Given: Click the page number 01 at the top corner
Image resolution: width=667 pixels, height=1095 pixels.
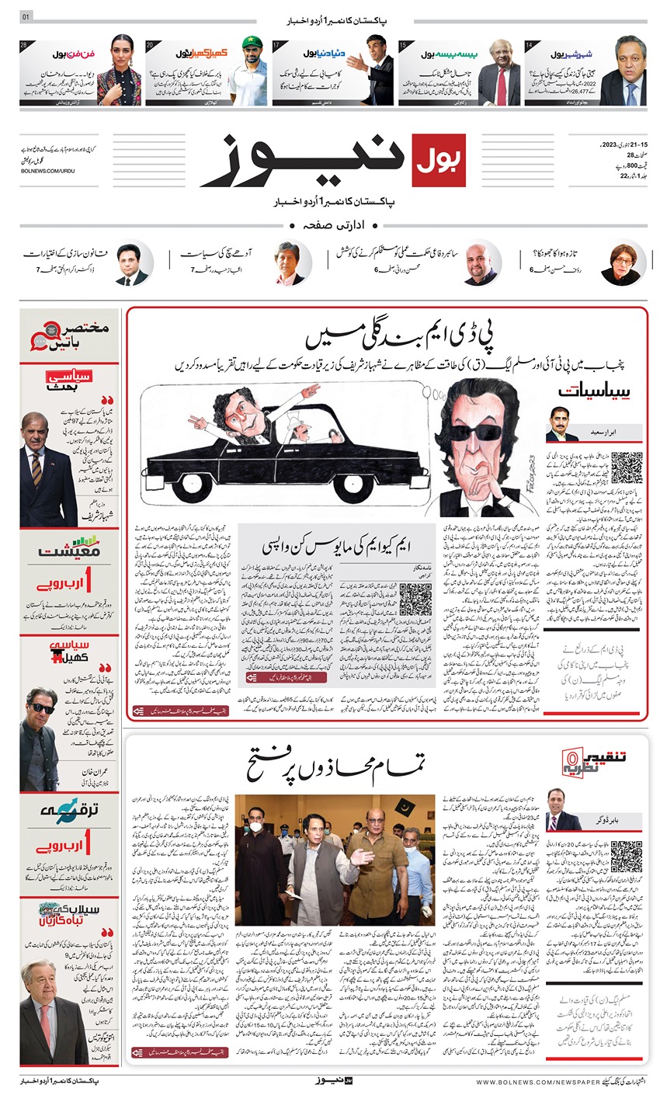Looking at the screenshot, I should (x=26, y=17).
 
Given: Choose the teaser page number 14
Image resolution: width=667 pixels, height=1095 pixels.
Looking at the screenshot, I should (x=528, y=46).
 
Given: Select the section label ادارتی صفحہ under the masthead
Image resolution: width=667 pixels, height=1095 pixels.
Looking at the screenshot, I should (x=334, y=224).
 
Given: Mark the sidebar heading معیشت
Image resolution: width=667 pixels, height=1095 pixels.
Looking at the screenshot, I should (x=71, y=554).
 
